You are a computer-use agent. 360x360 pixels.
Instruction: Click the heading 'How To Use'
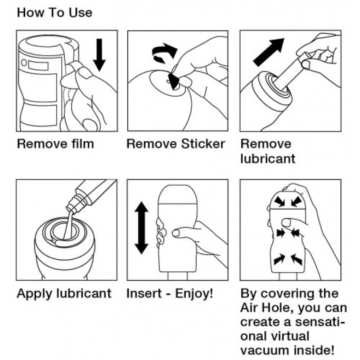click(54, 13)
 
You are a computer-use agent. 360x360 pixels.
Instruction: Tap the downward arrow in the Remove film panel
click(99, 55)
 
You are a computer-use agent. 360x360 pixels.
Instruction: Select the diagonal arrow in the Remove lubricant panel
click(269, 52)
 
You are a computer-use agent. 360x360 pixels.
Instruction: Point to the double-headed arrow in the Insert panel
click(141, 228)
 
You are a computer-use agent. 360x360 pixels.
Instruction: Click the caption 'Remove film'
click(55, 144)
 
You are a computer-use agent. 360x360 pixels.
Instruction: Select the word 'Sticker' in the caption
click(203, 144)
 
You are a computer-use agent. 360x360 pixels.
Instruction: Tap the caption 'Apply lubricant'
click(64, 294)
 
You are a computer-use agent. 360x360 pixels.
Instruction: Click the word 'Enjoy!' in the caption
click(194, 293)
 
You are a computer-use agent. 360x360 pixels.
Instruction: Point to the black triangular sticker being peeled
click(174, 81)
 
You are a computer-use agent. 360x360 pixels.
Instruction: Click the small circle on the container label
click(24, 63)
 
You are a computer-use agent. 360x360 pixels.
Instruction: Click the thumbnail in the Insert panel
click(176, 233)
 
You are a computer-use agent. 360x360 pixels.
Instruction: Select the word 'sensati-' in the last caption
click(320, 322)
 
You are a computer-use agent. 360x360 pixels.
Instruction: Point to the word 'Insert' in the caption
click(144, 293)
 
